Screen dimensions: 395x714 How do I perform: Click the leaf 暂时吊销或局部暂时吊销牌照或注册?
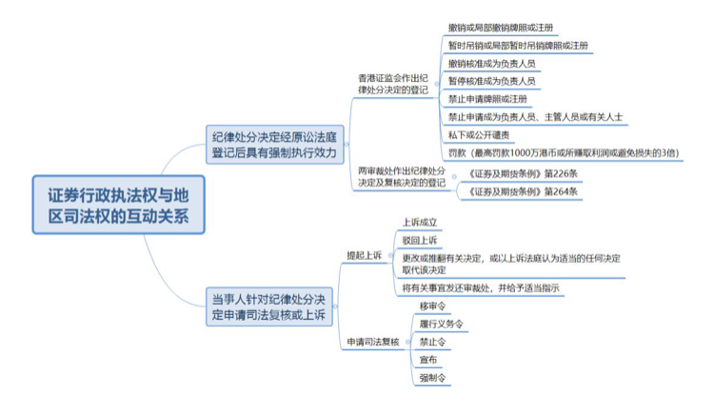click(x=517, y=46)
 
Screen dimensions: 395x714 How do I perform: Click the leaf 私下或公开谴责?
click(x=477, y=135)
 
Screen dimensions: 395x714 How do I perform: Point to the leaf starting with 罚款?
click(x=563, y=152)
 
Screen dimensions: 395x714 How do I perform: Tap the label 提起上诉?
click(x=362, y=254)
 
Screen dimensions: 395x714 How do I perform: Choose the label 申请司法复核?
click(x=366, y=342)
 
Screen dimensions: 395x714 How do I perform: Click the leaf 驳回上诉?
click(x=422, y=239)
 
